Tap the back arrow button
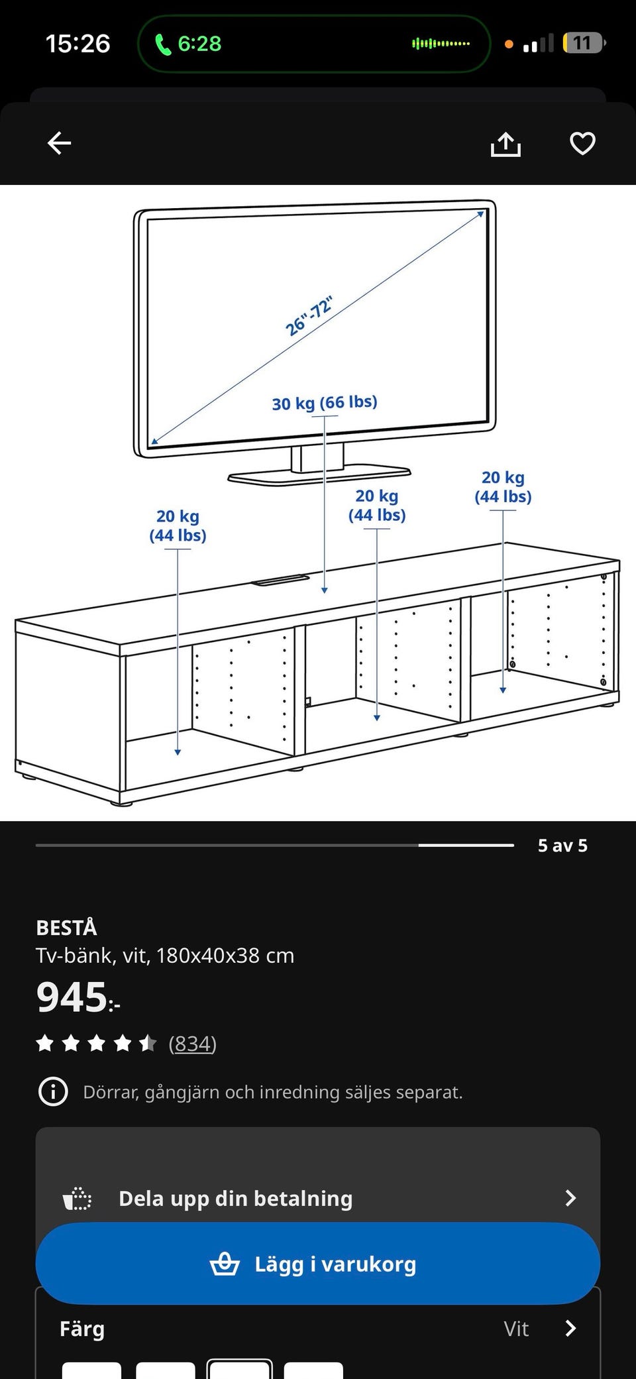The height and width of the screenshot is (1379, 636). (60, 143)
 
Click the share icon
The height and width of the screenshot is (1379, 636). (505, 144)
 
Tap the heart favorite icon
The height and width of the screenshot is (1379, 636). (583, 143)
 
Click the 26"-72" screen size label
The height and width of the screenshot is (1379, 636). (309, 316)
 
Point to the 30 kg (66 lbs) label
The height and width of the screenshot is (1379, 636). (325, 403)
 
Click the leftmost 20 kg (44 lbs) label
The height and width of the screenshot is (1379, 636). (178, 525)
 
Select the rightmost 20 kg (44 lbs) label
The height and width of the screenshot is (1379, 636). (503, 487)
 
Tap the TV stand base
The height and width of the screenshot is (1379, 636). (319, 475)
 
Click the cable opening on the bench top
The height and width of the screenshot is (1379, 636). (280, 580)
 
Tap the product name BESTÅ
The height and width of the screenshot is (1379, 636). (66, 928)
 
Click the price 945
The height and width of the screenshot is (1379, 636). (72, 997)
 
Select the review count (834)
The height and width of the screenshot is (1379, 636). (193, 1044)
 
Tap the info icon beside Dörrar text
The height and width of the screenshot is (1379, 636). (53, 1091)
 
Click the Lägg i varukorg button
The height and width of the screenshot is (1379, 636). (318, 1264)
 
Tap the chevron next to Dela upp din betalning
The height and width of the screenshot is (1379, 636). (570, 1197)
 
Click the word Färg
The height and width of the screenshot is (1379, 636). (82, 1329)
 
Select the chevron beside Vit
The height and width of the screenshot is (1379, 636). (570, 1328)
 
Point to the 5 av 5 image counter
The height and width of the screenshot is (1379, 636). (562, 846)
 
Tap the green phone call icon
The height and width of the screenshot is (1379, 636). (163, 44)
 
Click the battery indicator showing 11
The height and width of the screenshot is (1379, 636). (584, 43)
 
